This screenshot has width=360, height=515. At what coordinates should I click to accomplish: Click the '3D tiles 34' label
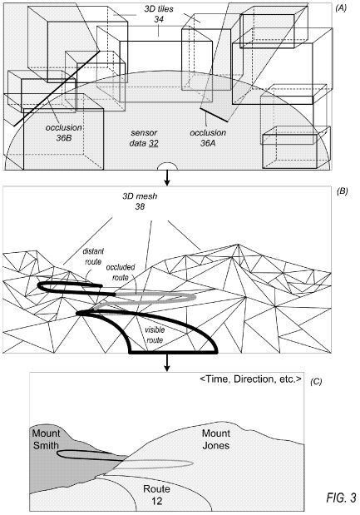(159, 14)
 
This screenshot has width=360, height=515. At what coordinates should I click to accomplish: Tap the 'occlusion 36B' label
(64, 132)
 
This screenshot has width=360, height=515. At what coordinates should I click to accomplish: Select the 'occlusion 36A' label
(208, 137)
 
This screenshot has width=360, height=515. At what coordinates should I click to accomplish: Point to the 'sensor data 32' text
(144, 138)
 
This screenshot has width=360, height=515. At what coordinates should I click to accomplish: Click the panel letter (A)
(340, 8)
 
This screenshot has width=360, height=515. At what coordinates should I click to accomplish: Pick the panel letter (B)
(342, 191)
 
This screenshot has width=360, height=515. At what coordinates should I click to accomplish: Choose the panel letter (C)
(316, 382)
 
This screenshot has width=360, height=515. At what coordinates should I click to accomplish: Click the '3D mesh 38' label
(140, 201)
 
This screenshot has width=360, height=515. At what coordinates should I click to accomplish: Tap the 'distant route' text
(93, 256)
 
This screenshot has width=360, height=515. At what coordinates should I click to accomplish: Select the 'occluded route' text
(121, 273)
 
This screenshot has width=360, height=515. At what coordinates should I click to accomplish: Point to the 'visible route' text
(155, 334)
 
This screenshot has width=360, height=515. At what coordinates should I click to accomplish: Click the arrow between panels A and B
(167, 178)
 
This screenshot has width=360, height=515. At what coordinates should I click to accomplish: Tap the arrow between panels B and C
(167, 362)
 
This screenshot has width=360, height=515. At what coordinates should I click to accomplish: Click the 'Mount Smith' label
(46, 439)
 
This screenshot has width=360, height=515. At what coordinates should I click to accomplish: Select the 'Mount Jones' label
(215, 439)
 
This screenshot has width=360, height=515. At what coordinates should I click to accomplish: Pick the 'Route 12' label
(156, 495)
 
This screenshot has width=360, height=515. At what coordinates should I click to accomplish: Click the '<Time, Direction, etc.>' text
(250, 379)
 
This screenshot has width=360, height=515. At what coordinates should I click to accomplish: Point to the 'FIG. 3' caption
(342, 498)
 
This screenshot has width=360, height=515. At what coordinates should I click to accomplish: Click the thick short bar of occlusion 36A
(214, 115)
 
